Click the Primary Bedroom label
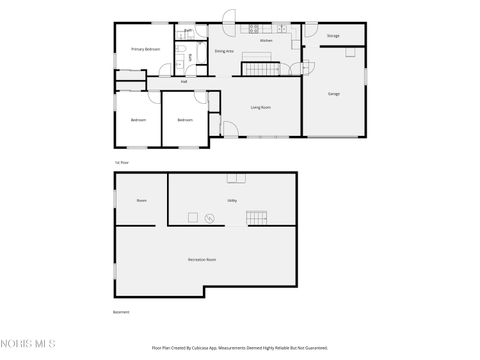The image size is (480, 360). (x=146, y=49)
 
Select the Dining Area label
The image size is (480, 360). (x=224, y=50)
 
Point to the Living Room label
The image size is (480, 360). (x=260, y=105)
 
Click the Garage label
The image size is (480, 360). (x=334, y=94)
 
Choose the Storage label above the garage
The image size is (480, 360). (x=333, y=36)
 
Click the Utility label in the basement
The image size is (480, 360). (x=232, y=200)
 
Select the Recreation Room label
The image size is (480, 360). (x=202, y=259)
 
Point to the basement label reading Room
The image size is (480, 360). (x=141, y=200)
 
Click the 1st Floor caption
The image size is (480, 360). (x=122, y=162)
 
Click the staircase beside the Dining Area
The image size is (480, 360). (x=260, y=68)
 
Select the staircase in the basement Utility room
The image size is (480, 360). (x=258, y=218)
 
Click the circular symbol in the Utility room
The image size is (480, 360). (x=209, y=217)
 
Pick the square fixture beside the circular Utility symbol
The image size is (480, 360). (x=193, y=217)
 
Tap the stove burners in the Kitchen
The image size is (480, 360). (x=254, y=27)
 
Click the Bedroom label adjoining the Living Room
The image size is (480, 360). (x=185, y=120)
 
